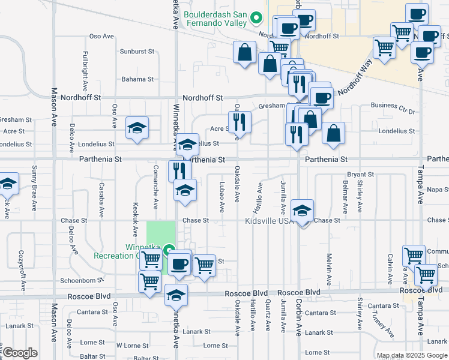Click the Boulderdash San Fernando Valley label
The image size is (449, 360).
(x=215, y=18)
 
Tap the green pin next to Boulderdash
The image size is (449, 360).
(x=257, y=17)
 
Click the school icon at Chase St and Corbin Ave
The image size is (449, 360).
(x=302, y=210)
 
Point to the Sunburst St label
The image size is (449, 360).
(x=137, y=52)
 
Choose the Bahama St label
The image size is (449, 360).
(x=137, y=79)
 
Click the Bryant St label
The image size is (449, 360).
(x=360, y=175)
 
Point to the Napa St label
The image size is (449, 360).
(x=438, y=190)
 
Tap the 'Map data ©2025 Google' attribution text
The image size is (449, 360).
(x=412, y=355)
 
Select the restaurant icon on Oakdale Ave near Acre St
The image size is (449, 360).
(x=239, y=122)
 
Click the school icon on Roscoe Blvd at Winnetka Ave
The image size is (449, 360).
(x=175, y=295)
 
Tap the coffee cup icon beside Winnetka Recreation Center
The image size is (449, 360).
(x=179, y=263)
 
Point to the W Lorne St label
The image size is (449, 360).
(x=132, y=346)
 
